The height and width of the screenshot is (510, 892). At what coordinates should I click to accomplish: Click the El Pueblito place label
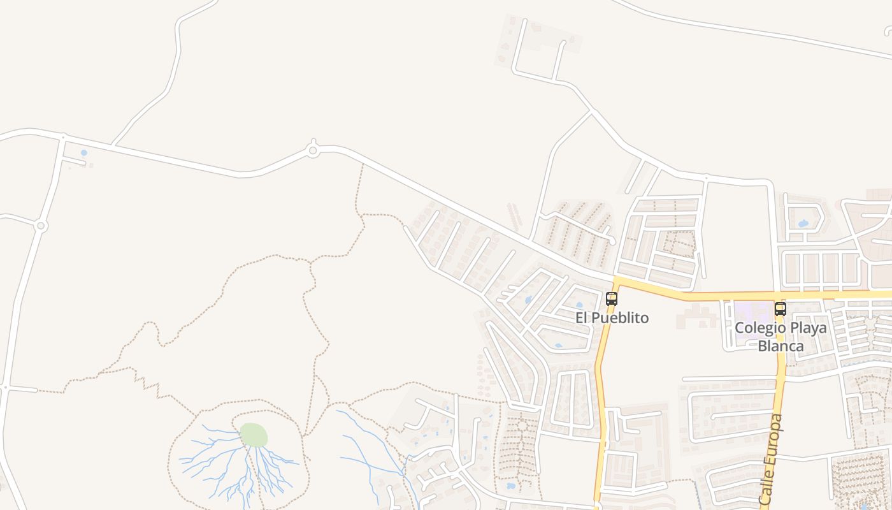(x=612, y=317)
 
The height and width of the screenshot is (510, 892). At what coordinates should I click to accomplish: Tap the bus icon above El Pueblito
(x=612, y=298)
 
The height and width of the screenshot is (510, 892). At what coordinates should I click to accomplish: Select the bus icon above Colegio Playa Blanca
(x=780, y=309)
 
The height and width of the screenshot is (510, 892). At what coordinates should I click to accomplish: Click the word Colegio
(x=759, y=328)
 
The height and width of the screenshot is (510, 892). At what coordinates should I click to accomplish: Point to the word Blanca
(x=780, y=347)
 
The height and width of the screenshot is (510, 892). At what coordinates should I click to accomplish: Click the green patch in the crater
(x=254, y=435)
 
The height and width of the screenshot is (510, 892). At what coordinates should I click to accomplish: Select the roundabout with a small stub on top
(x=312, y=150)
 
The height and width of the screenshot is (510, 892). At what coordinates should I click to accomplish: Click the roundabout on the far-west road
(x=41, y=226)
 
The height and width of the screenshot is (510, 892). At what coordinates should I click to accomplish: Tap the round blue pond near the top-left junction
(x=84, y=153)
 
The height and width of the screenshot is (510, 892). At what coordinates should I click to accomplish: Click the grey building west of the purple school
(x=698, y=316)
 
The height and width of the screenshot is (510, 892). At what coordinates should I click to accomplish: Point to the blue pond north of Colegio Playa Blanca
(x=803, y=224)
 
